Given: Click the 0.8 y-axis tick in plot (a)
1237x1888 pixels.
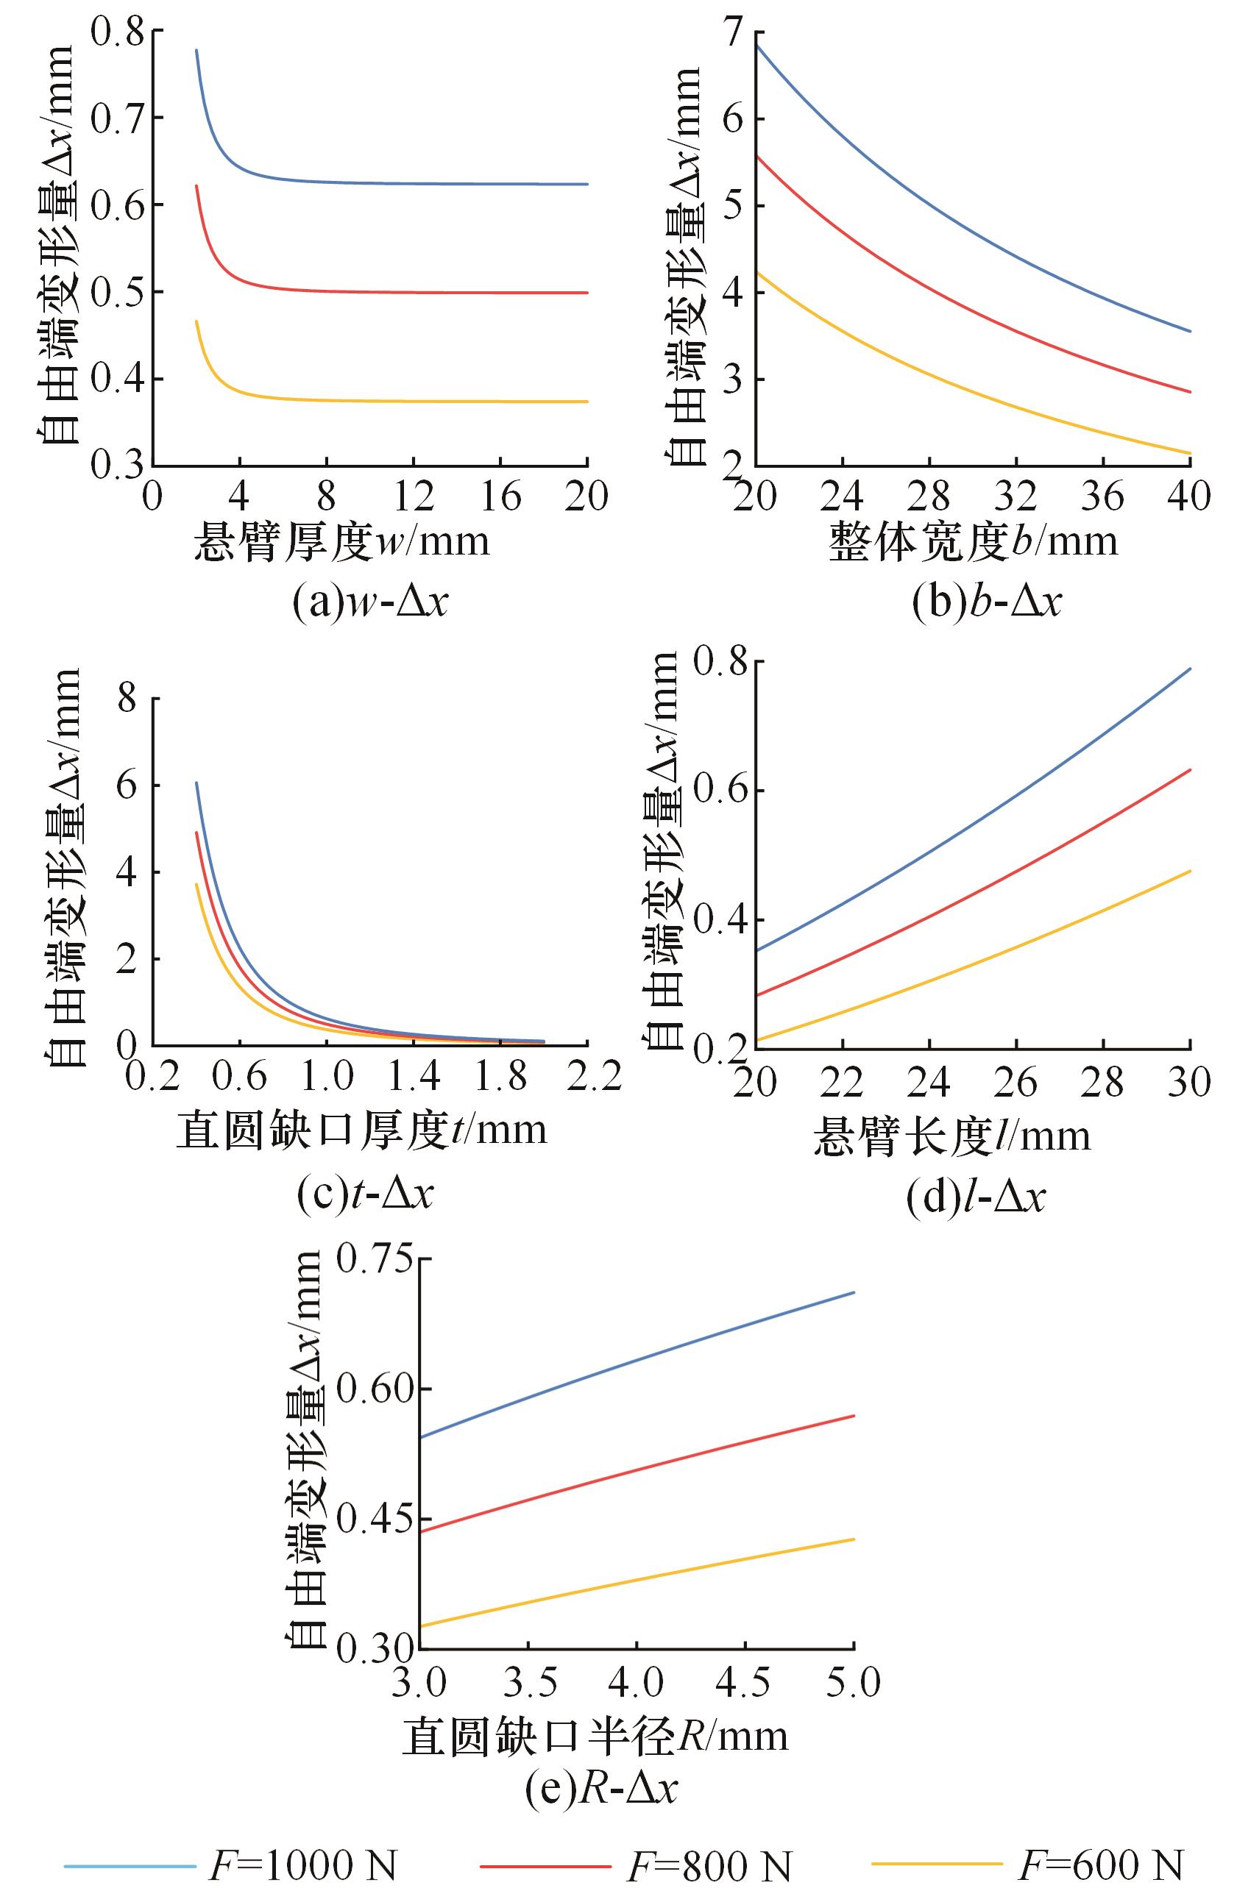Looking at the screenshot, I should pos(119,32).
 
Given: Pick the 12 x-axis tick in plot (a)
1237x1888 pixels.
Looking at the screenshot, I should pos(414,496).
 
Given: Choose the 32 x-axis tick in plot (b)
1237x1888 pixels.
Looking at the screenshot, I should pos(1017,496).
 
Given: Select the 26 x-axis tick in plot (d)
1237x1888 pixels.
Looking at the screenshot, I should pos(1017,1082).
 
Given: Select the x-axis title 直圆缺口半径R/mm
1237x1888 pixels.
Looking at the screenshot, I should pos(595,1733).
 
